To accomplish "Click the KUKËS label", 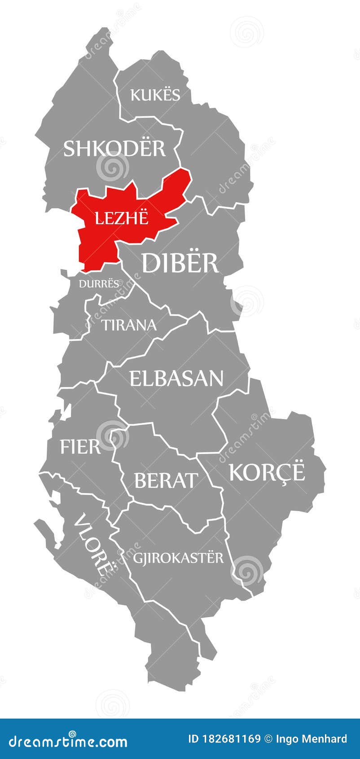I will click(155, 95).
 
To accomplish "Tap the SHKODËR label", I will click(114, 148).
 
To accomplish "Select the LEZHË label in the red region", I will click(121, 218).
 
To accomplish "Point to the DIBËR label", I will click(180, 263).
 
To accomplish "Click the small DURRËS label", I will click(99, 283).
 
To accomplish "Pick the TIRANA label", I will click(129, 324).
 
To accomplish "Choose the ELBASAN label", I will click(176, 378).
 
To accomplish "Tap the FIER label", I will click(80, 447).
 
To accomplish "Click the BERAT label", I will click(166, 480).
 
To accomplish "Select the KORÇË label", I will click(267, 472).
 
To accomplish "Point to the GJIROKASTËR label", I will click(178, 557).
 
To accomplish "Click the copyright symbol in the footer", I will click(268, 739).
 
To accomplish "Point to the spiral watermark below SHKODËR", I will click(112, 168).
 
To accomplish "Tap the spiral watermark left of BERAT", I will click(112, 435).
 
